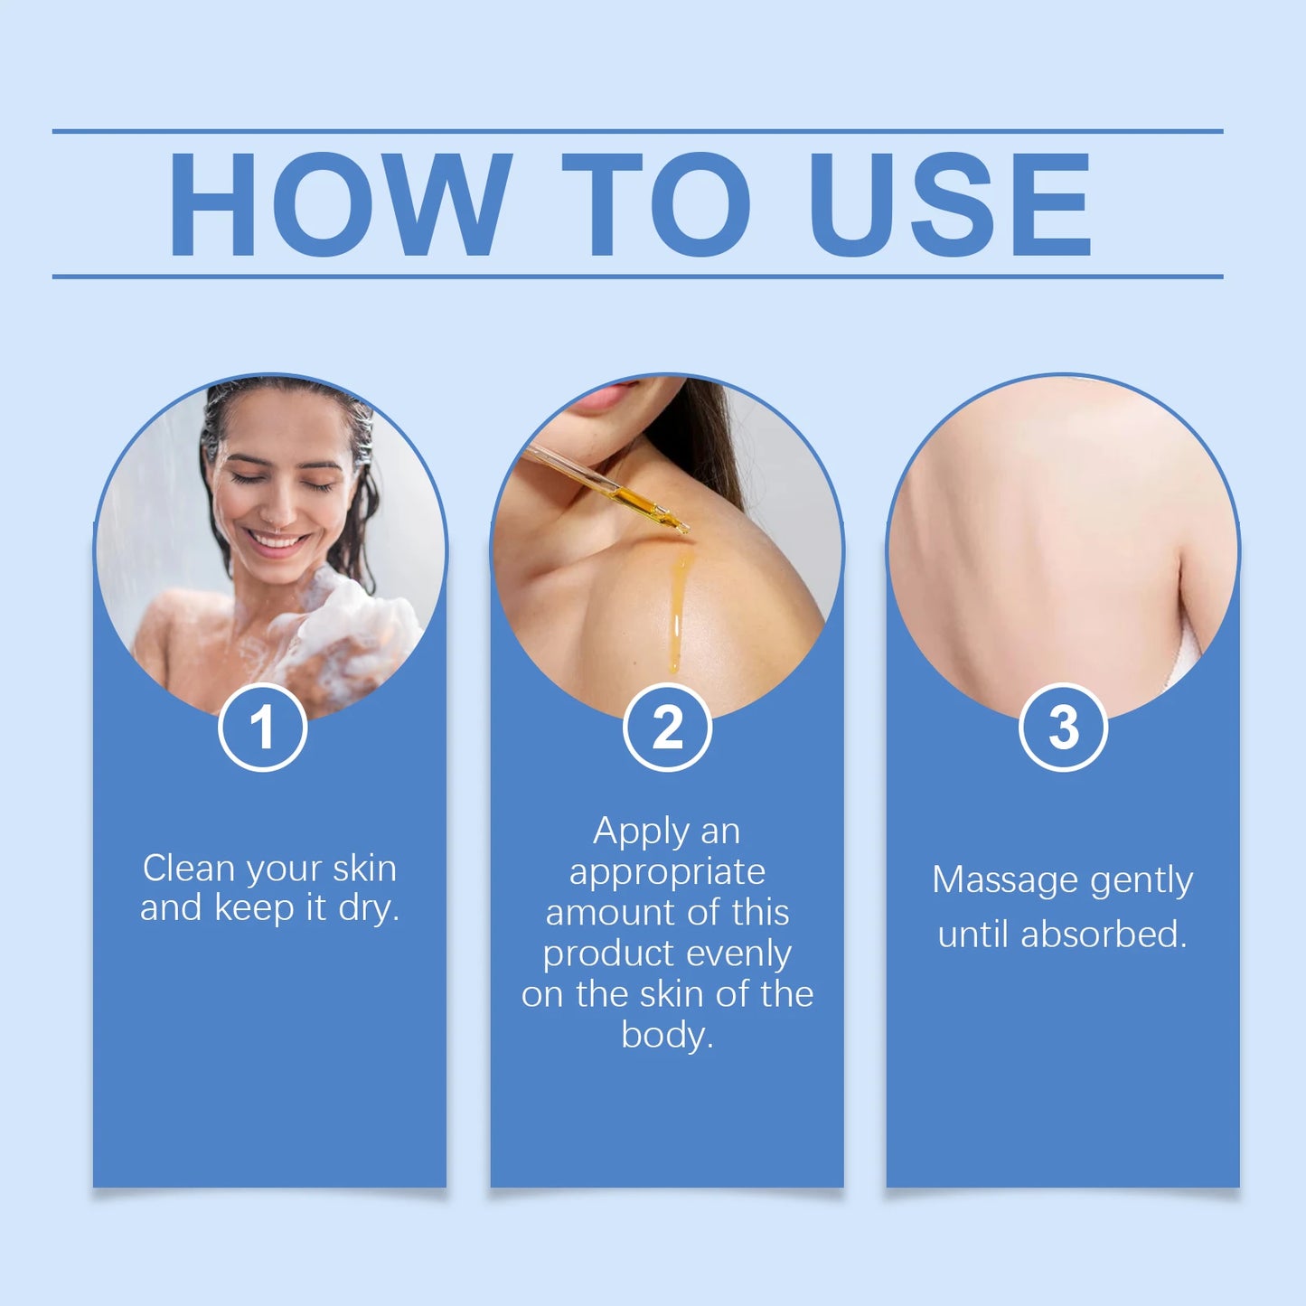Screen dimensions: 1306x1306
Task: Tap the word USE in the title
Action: (950, 204)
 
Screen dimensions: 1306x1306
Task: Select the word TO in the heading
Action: (656, 204)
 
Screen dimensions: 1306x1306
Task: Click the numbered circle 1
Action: (262, 728)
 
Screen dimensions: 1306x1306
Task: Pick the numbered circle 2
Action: (667, 728)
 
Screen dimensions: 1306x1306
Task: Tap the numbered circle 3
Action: (1063, 728)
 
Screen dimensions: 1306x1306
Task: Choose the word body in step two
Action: (667, 1036)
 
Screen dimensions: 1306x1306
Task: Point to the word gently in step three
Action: (1142, 882)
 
